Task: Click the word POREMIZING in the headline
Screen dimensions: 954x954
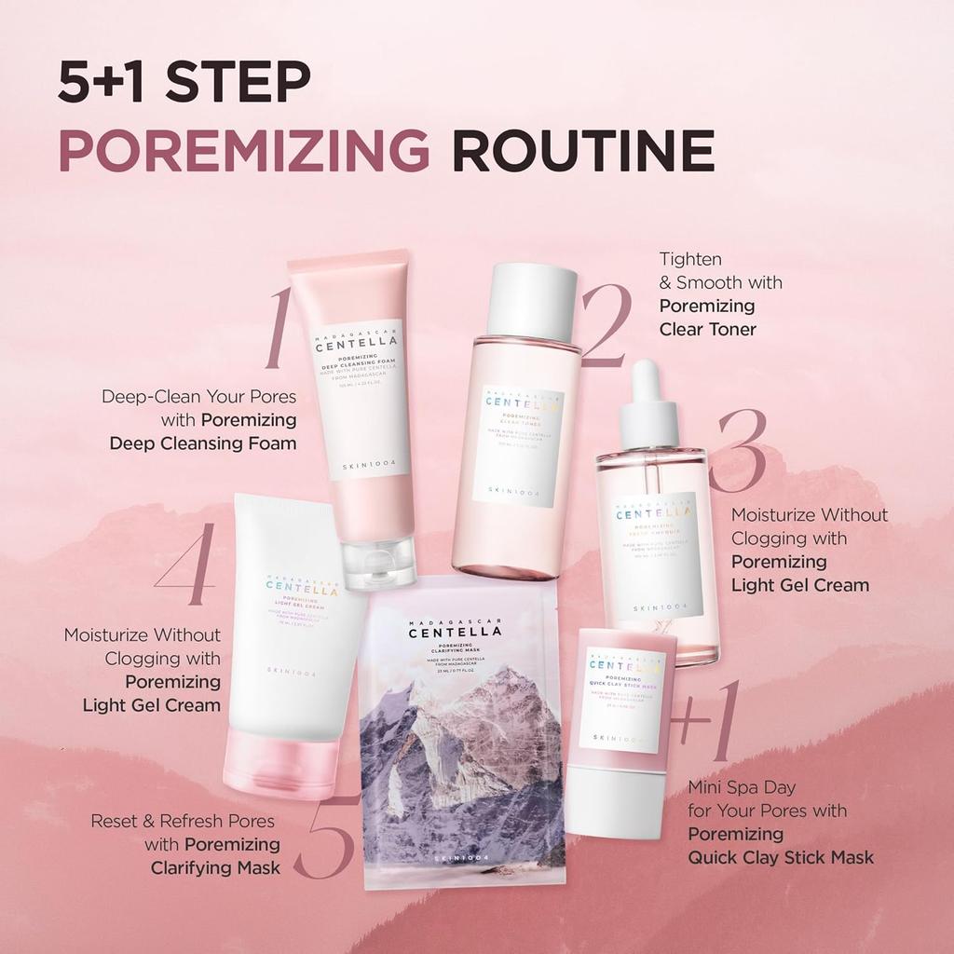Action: [244, 151]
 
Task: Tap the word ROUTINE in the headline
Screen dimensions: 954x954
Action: [583, 151]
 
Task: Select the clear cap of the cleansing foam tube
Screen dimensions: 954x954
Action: [380, 564]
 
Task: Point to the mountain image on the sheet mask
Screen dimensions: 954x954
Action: [461, 755]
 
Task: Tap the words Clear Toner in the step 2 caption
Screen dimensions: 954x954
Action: [707, 329]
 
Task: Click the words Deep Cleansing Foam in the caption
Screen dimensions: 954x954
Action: [203, 443]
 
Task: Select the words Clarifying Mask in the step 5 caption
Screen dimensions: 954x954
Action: [215, 867]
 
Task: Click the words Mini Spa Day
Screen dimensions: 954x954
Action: [742, 787]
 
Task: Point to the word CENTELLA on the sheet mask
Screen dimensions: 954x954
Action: [455, 632]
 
